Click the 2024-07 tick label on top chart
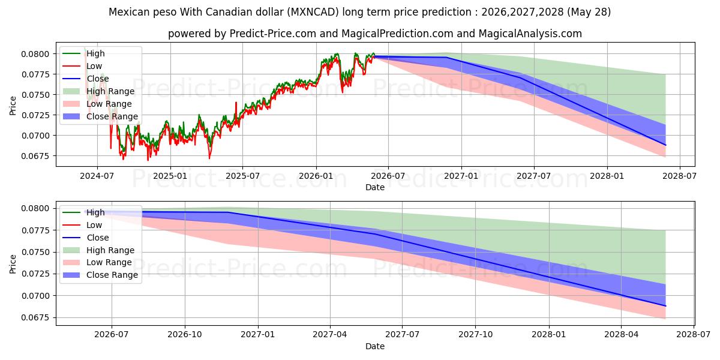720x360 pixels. [x=97, y=176]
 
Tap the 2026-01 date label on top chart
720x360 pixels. [x=316, y=176]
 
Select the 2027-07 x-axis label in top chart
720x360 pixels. [x=533, y=176]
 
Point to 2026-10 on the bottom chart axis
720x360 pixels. [x=185, y=335]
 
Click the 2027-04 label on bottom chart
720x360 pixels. [x=330, y=335]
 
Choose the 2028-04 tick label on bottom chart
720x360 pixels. [x=622, y=335]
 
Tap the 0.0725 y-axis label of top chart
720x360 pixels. [x=35, y=115]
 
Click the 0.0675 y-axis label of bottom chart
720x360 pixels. [x=35, y=317]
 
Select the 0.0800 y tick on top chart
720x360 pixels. [x=35, y=54]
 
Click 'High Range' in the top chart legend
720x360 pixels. [x=110, y=91]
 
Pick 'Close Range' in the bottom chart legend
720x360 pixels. [x=112, y=275]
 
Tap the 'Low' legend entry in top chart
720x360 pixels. [x=94, y=66]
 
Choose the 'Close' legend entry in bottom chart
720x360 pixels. [x=98, y=238]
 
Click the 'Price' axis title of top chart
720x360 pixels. [x=13, y=106]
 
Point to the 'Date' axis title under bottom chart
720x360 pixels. [x=375, y=346]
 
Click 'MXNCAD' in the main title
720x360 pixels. [x=313, y=12]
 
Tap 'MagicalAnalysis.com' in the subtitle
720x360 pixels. [x=530, y=34]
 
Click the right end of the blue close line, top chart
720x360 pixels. [x=665, y=145]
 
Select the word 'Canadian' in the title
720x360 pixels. [x=228, y=12]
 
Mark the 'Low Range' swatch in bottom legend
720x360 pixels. [x=71, y=262]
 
